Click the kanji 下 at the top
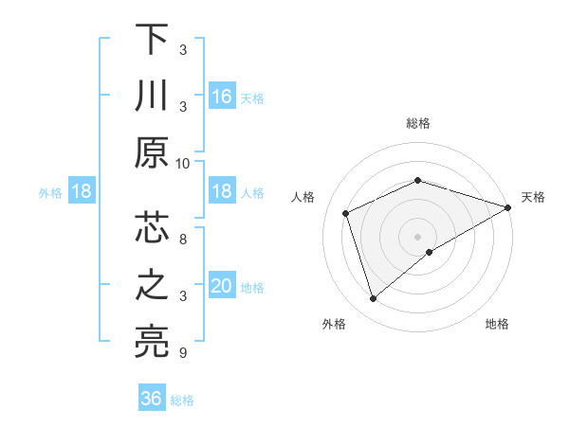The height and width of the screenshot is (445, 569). click(152, 40)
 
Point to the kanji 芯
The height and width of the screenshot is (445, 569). click(152, 230)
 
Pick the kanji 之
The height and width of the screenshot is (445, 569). click(152, 286)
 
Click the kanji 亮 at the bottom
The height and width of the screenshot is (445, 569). click(152, 342)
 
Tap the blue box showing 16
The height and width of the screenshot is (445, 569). click(222, 96)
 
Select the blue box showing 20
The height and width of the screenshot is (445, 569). click(222, 287)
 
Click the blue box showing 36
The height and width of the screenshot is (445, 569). click(152, 399)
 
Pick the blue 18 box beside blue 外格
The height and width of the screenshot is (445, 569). click(82, 192)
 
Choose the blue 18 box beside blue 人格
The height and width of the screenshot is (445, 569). click(222, 192)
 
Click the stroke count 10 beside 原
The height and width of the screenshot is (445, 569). click(183, 163)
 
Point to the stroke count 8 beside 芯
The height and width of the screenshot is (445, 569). click(183, 240)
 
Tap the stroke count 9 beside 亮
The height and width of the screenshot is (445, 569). click(183, 353)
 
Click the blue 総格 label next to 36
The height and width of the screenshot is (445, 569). click(182, 400)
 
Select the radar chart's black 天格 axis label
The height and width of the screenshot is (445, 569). click(533, 197)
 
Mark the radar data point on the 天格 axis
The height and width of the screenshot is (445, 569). click(509, 206)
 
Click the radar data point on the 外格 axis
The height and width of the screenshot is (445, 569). click(373, 299)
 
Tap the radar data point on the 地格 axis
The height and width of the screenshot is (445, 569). click(430, 252)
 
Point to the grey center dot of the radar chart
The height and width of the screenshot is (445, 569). click(417, 236)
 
